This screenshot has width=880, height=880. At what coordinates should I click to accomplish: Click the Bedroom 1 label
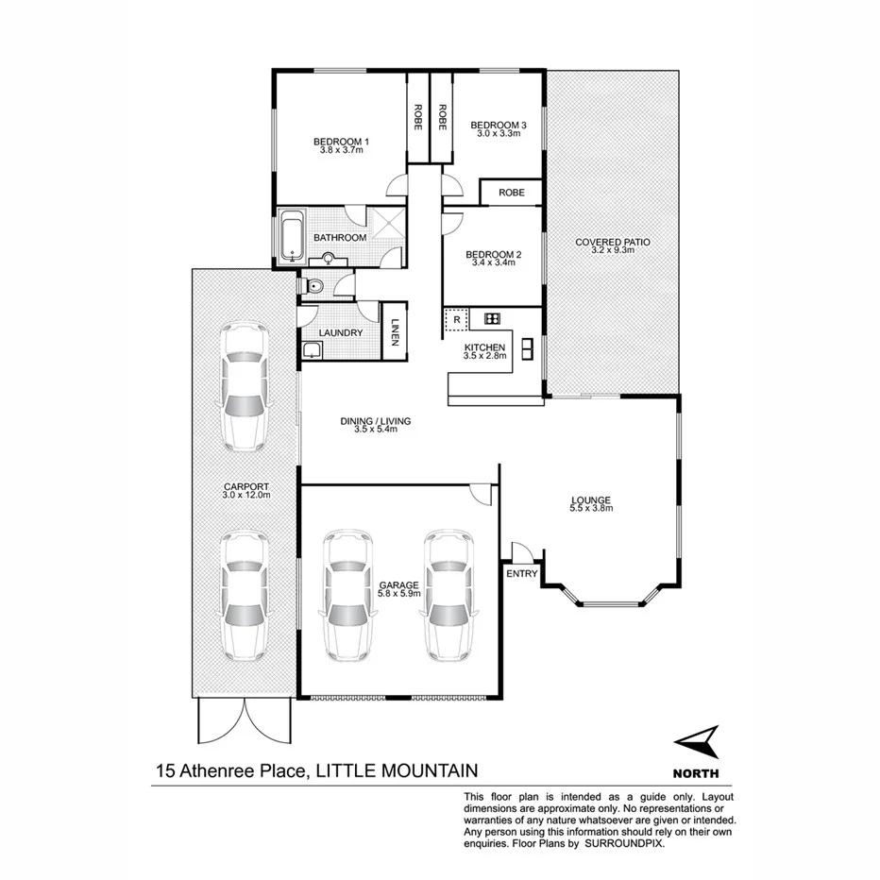point(341,142)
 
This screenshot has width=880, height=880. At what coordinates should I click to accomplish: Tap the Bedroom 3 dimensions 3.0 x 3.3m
point(498,133)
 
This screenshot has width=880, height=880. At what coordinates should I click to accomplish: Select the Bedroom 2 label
point(494,254)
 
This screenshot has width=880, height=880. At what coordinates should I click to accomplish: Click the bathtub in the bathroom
point(291,237)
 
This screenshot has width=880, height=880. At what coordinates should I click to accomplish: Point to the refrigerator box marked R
point(456,319)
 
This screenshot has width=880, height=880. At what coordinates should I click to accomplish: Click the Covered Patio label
point(613,243)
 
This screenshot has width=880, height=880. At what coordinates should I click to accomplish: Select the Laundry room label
point(341,333)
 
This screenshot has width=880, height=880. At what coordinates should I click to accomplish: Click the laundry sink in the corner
point(312,351)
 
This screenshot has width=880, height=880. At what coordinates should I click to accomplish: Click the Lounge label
point(591,500)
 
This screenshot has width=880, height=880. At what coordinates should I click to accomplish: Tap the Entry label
point(522,573)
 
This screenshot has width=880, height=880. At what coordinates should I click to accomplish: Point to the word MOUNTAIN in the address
point(420,770)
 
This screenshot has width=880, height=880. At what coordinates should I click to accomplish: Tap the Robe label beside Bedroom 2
point(511,193)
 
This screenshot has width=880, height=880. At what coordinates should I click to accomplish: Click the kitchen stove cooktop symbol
point(492,318)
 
